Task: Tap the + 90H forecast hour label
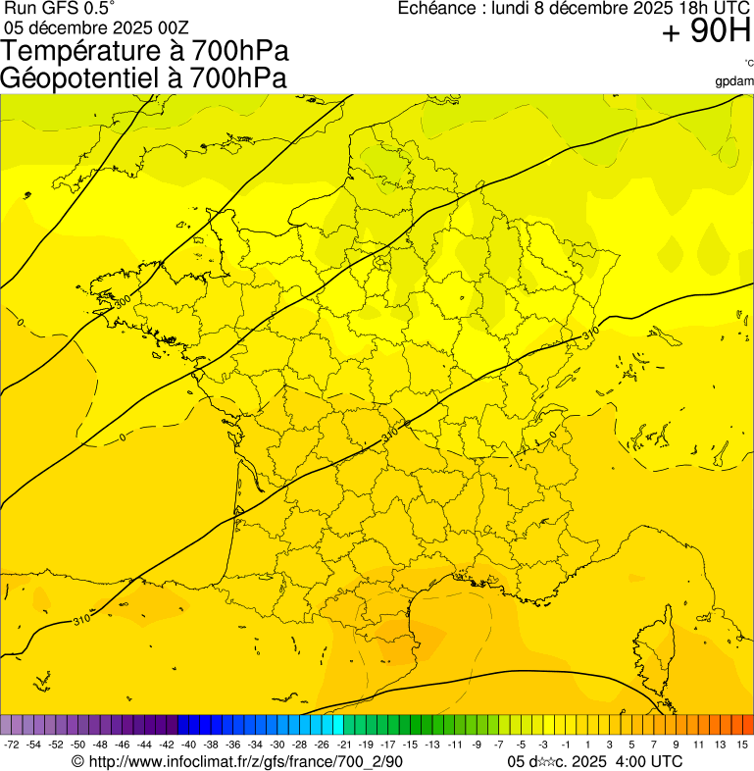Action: (706, 32)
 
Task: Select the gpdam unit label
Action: (734, 81)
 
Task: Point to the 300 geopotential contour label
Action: (123, 300)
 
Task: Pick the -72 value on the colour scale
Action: (12, 745)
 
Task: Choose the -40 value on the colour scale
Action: (188, 745)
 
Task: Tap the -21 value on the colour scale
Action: (343, 745)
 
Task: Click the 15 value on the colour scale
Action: (742, 745)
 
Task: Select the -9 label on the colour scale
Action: (476, 745)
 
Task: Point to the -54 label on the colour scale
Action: (33, 745)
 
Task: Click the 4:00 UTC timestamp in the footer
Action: (649, 761)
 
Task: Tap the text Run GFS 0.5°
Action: (60, 9)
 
